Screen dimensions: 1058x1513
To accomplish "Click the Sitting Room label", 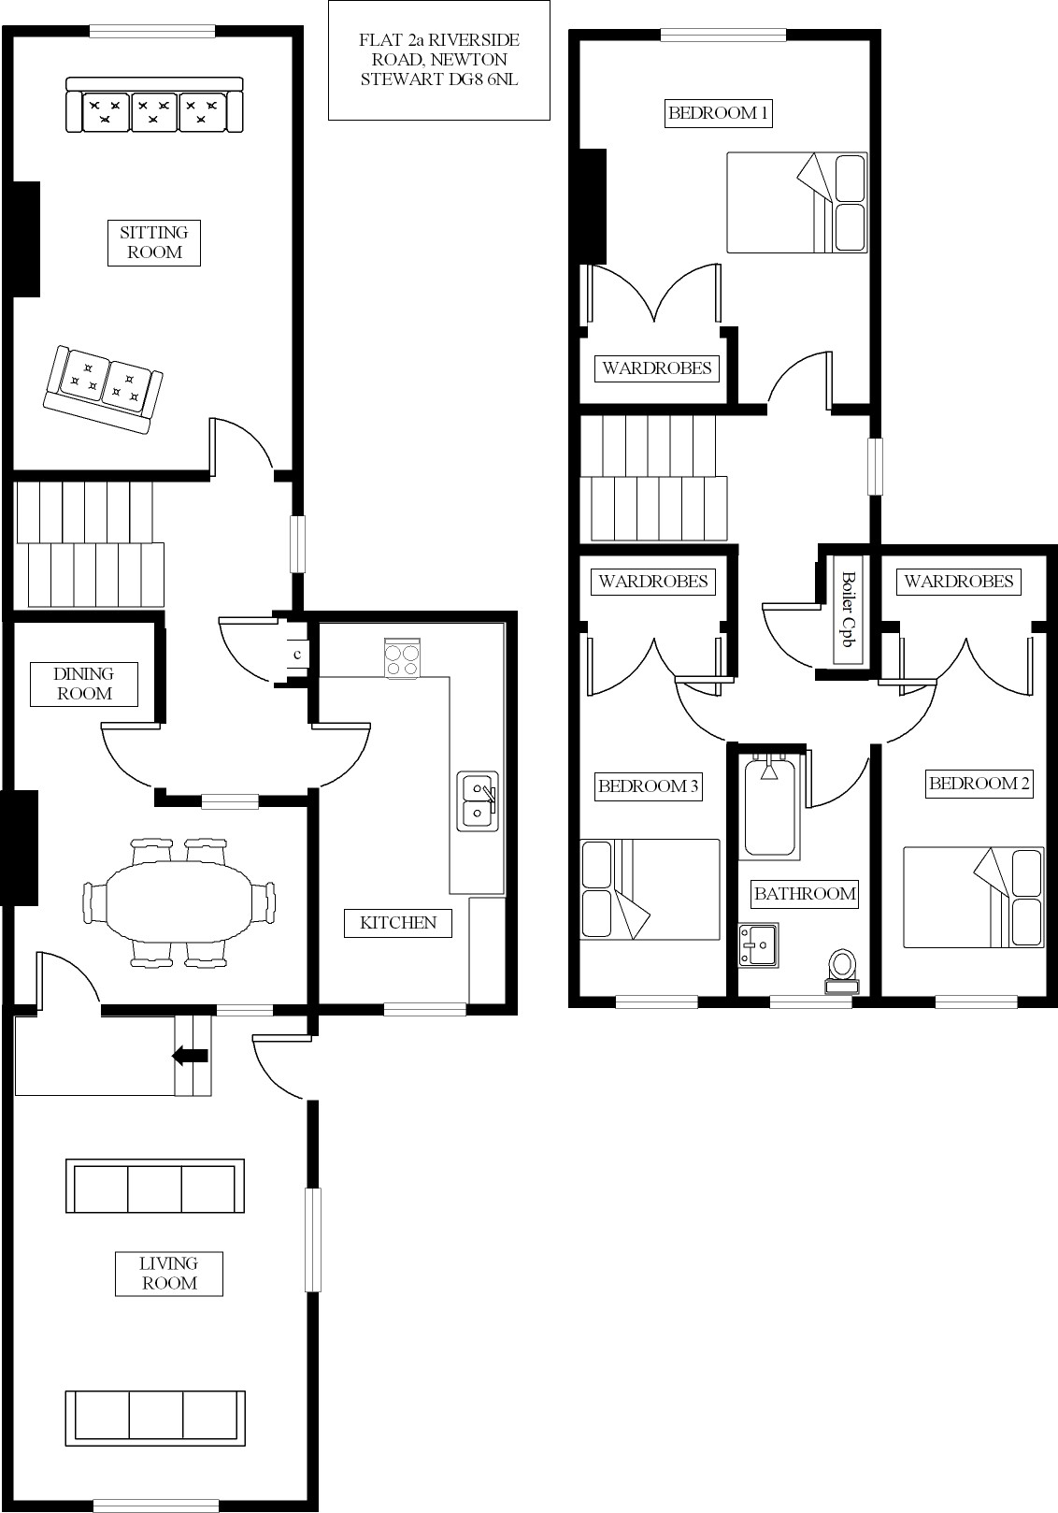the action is [x=154, y=242].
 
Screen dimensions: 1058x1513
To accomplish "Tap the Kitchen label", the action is [x=397, y=923].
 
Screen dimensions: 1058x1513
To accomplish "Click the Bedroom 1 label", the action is [x=718, y=113].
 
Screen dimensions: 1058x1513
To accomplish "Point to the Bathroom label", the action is [x=805, y=894].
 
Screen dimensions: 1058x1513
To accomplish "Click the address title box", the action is [x=439, y=60].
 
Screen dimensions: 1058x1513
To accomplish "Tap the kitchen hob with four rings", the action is [x=403, y=658].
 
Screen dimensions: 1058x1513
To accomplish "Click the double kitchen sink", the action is [x=478, y=801].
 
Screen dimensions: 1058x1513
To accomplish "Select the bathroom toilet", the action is [x=842, y=972].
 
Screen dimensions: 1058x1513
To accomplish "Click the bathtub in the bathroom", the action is [x=770, y=807].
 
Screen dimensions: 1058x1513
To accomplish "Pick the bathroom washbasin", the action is [x=758, y=944].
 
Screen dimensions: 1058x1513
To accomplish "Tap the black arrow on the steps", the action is [x=191, y=1055].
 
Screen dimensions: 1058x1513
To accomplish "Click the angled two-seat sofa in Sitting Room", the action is [x=103, y=390].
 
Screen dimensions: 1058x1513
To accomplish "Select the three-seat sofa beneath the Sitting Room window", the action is [x=154, y=105].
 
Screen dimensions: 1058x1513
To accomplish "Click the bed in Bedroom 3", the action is [x=651, y=889].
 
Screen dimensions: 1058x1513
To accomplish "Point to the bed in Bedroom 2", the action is [x=974, y=897].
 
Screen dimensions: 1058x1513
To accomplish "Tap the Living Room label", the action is [x=169, y=1274].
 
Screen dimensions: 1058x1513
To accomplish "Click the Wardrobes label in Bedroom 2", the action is [x=959, y=582].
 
